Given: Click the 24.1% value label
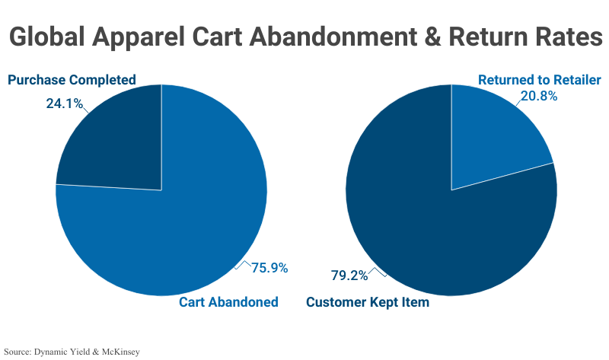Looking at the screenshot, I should click(x=64, y=103).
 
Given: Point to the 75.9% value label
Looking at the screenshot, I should click(x=269, y=268).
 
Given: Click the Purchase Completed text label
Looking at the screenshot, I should click(x=72, y=80).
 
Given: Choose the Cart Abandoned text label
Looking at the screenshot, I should click(x=228, y=302).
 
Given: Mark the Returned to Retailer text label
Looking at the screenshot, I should click(x=539, y=80).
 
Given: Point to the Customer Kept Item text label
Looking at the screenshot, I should click(x=368, y=302).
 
